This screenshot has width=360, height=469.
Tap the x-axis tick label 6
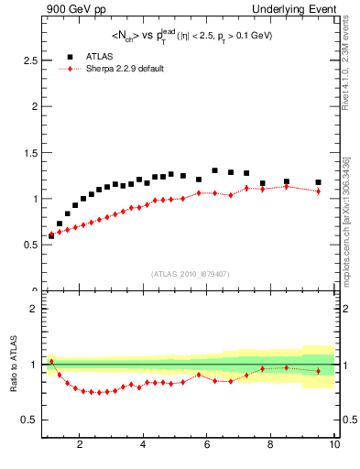click(207, 445)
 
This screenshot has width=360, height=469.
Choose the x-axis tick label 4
click(144, 445)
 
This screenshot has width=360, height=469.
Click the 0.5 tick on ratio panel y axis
click(28, 420)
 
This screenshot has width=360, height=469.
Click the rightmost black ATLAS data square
click(318, 182)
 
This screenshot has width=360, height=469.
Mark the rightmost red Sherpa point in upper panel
click(318, 191)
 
